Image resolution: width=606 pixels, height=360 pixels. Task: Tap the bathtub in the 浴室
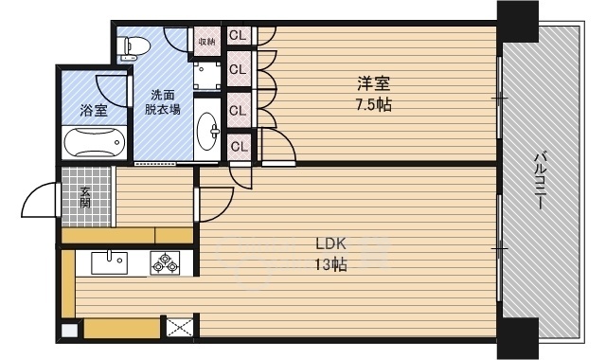[95, 143]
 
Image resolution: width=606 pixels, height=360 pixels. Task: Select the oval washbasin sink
[207, 132]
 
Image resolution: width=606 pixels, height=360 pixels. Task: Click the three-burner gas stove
[166, 263]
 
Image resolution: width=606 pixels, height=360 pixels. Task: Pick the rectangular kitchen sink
[110, 262]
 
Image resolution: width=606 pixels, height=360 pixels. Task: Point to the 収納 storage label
[206, 41]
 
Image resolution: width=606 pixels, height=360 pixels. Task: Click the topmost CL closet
[238, 36]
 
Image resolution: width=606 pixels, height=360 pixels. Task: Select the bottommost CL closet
[240, 147]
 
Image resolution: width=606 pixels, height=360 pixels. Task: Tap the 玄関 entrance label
[85, 198]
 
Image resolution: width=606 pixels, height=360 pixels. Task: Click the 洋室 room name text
[373, 83]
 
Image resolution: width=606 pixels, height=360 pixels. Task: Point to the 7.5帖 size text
[373, 105]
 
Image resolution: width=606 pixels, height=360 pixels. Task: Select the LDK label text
[330, 244]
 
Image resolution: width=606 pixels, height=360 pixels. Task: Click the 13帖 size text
[330, 265]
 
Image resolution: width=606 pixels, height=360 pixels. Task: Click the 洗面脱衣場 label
[162, 102]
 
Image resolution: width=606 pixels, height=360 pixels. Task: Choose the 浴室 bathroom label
[94, 111]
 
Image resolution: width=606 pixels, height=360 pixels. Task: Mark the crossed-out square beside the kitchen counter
[179, 328]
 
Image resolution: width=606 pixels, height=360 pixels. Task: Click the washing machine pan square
[207, 76]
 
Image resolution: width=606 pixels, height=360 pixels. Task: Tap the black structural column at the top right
[518, 22]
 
